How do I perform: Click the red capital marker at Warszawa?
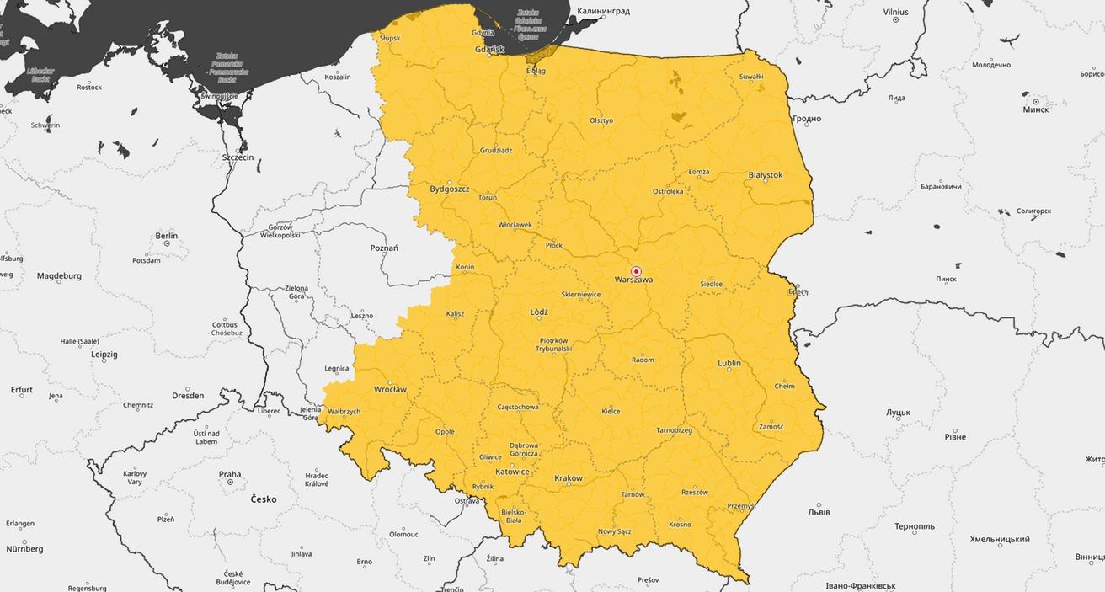pos(636,271)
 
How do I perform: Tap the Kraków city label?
pos(569,478)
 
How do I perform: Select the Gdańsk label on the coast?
pos(489,50)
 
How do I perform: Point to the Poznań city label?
pos(384,248)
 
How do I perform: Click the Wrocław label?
pos(390,390)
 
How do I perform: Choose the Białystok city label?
pos(765,175)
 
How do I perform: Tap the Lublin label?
pos(729,363)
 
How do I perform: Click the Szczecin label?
pos(238,157)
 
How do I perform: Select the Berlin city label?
pos(167,237)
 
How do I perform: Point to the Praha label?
pos(230,474)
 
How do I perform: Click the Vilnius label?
pos(896,13)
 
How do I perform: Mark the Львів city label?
pos(819,512)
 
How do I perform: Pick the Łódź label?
pos(539,312)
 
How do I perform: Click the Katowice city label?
pos(512,472)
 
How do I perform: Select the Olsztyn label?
pos(601,120)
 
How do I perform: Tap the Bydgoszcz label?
pos(449,189)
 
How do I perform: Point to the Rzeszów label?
pos(695,492)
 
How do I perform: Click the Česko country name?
pos(264,499)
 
